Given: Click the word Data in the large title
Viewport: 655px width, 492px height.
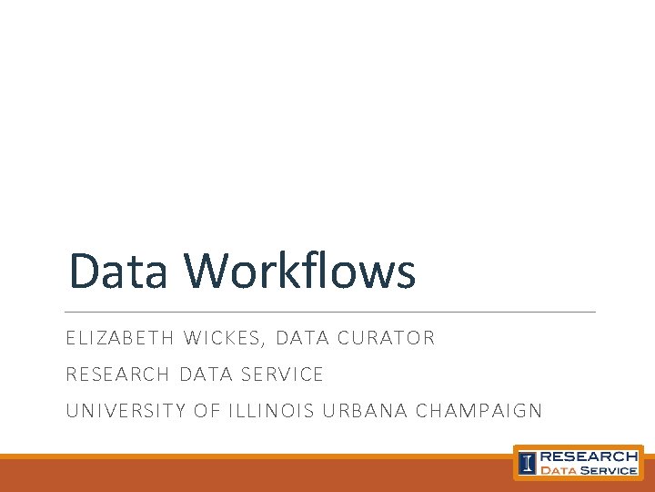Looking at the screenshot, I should point(117,272).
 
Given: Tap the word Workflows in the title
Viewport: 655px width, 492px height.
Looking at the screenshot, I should point(299,272).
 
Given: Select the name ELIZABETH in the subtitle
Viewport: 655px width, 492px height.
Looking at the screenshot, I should point(119,338).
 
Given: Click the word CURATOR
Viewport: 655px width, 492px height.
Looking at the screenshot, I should point(386,338).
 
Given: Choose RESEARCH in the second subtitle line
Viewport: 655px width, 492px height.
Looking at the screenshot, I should point(117,374).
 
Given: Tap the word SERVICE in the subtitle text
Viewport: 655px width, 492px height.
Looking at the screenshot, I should point(282,374).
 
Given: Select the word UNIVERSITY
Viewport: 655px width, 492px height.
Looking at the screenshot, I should point(126,411).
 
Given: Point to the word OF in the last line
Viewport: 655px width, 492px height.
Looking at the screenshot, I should point(207,411).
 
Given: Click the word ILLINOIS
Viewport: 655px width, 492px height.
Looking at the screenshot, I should point(268,411).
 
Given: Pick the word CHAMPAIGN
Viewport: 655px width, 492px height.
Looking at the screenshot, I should point(479,411).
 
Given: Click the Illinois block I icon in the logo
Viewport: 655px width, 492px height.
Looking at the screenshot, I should point(527,463).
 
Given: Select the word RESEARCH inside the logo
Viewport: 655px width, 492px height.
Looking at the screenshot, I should point(589,456).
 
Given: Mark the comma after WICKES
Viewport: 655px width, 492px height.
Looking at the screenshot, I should point(263,343).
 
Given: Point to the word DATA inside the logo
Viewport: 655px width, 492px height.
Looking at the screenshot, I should point(559,470).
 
